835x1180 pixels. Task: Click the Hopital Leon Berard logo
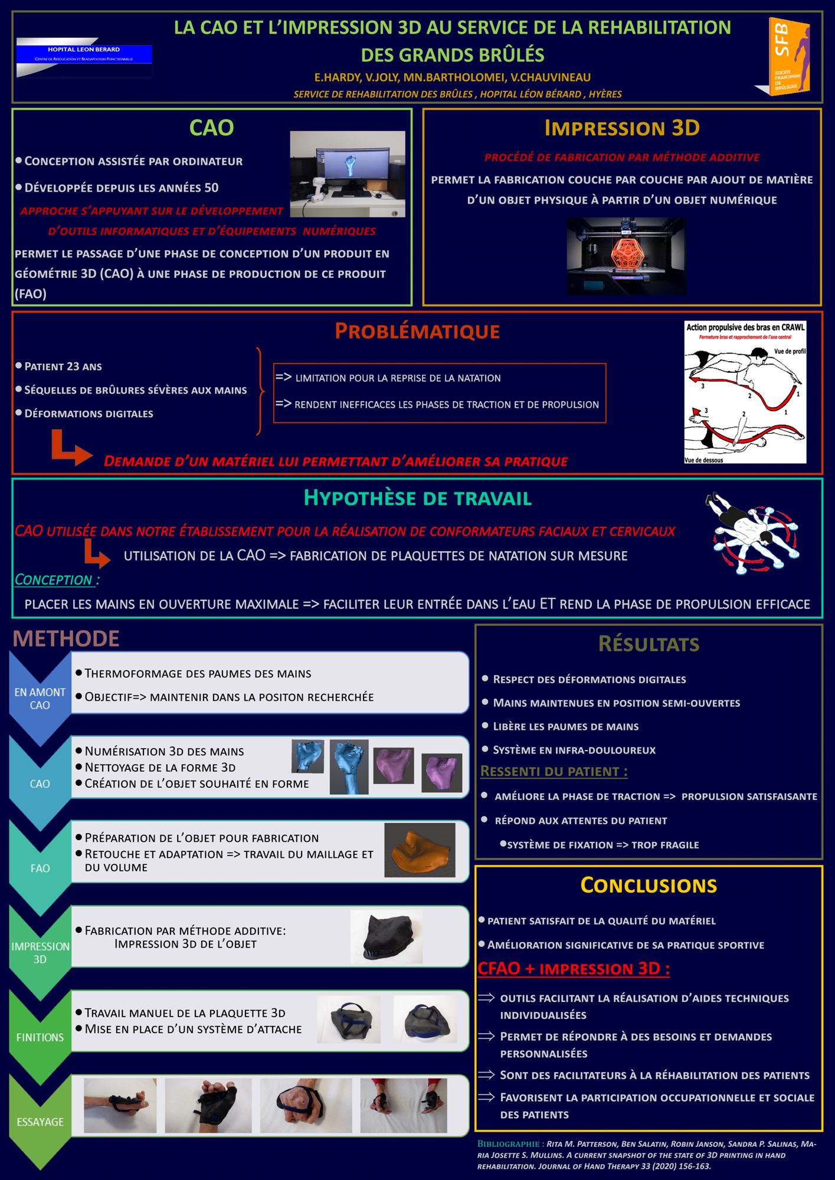coord(84,57)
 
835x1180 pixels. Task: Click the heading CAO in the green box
coord(211,128)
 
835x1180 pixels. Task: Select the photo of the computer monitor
coord(347,173)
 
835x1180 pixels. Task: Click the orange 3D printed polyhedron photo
coord(626,255)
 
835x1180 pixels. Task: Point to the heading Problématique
coord(417,331)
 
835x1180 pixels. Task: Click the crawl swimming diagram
coord(745,392)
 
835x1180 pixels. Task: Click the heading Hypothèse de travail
coord(417,498)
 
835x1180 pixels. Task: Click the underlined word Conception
coord(54,580)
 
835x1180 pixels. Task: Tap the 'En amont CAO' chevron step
coord(40,699)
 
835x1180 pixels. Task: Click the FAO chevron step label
coord(40,868)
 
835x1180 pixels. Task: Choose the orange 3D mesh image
coord(420,850)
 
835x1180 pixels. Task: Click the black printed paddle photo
coord(387,937)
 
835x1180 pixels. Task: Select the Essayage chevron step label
coord(40,1122)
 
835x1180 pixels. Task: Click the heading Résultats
coord(649,644)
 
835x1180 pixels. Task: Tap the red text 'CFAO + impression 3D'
coord(573,969)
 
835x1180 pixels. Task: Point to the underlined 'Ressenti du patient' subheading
coord(554,771)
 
